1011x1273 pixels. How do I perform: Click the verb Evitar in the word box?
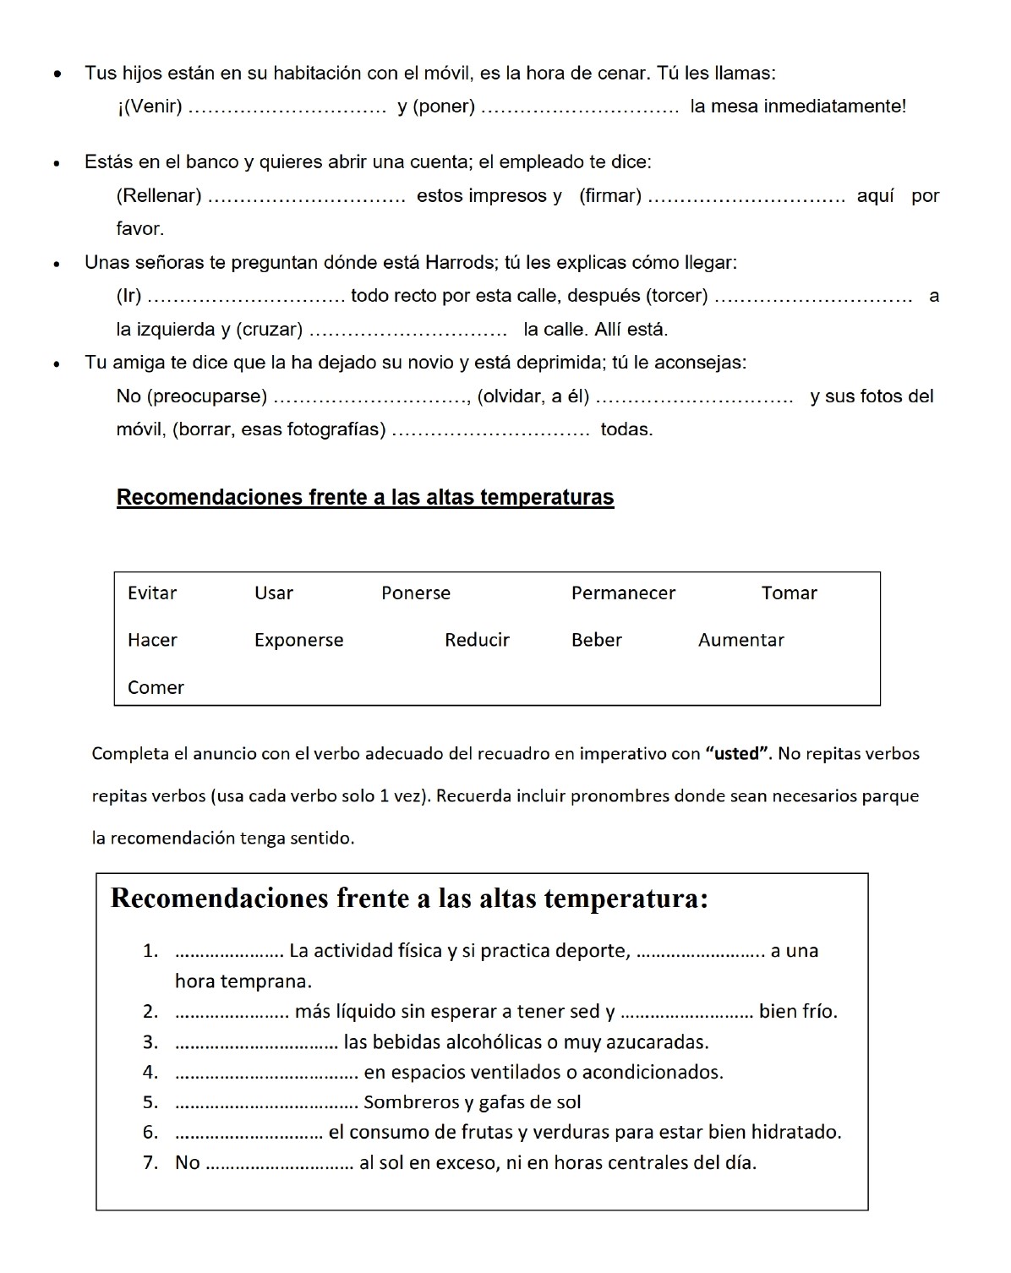[152, 593]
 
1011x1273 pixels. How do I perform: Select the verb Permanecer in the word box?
[623, 593]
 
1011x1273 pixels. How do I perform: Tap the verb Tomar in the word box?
[789, 593]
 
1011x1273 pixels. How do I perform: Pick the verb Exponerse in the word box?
[298, 641]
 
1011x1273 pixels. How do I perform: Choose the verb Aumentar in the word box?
[740, 641]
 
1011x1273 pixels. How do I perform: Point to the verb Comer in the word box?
[156, 688]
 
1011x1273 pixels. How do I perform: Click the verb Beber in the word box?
[596, 641]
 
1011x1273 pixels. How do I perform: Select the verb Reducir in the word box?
[477, 641]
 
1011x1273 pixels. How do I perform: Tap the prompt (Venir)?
[150, 107]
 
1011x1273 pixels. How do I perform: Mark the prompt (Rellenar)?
[159, 196]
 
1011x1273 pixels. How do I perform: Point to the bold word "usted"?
[736, 754]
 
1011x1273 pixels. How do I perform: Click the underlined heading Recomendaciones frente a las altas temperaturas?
[365, 497]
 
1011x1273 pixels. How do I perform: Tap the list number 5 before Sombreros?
[150, 1102]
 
